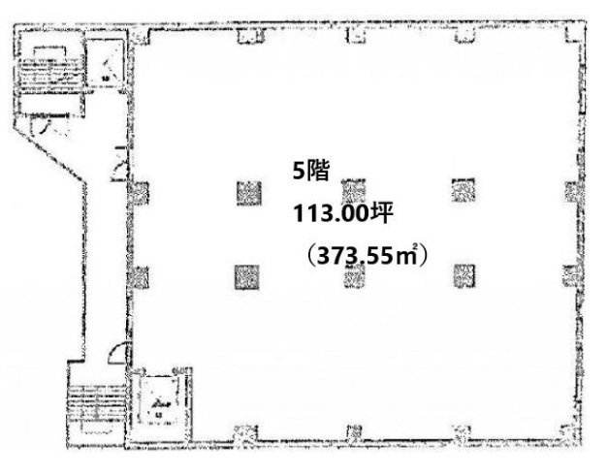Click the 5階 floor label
coord(314,173)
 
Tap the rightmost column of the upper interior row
coord(463,190)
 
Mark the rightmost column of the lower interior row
coord(463,276)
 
